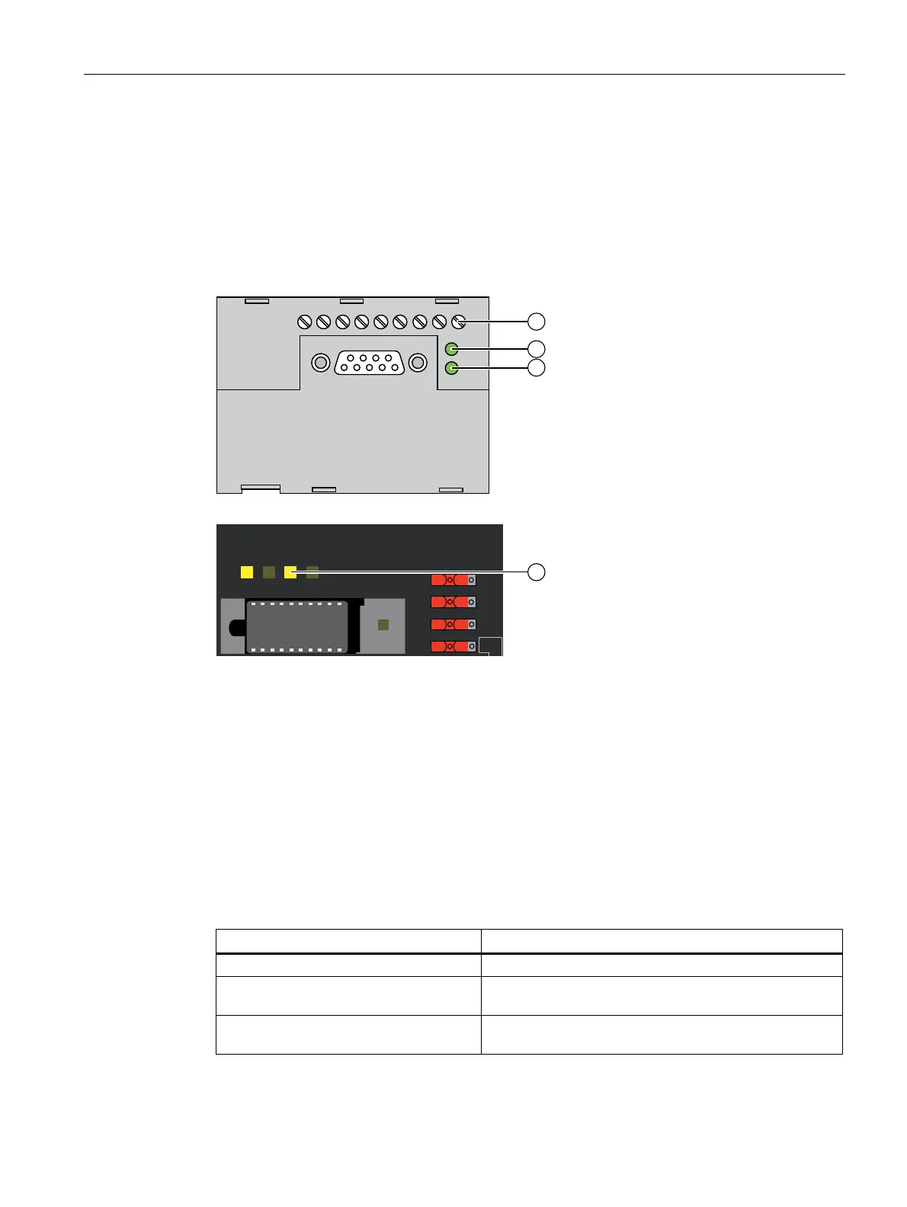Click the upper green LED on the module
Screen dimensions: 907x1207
point(451,350)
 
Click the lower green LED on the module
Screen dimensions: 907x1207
point(451,368)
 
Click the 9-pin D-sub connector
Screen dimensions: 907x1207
point(370,363)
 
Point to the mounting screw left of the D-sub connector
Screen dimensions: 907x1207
point(321,363)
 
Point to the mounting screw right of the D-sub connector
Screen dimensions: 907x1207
point(418,363)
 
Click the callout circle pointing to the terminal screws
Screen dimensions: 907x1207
point(537,321)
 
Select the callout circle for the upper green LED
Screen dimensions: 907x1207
point(537,349)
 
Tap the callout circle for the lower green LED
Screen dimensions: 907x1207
point(537,367)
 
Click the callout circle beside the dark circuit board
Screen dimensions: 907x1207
point(537,571)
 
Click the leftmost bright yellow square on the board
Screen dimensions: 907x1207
point(247,572)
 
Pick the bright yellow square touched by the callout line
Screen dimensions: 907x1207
point(290,572)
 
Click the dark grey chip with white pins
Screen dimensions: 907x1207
point(297,627)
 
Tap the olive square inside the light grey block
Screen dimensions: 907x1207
point(383,625)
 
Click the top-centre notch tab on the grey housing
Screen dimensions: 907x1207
point(351,301)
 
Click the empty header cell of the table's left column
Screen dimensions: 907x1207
point(348,941)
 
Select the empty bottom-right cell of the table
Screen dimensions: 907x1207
point(662,1035)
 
